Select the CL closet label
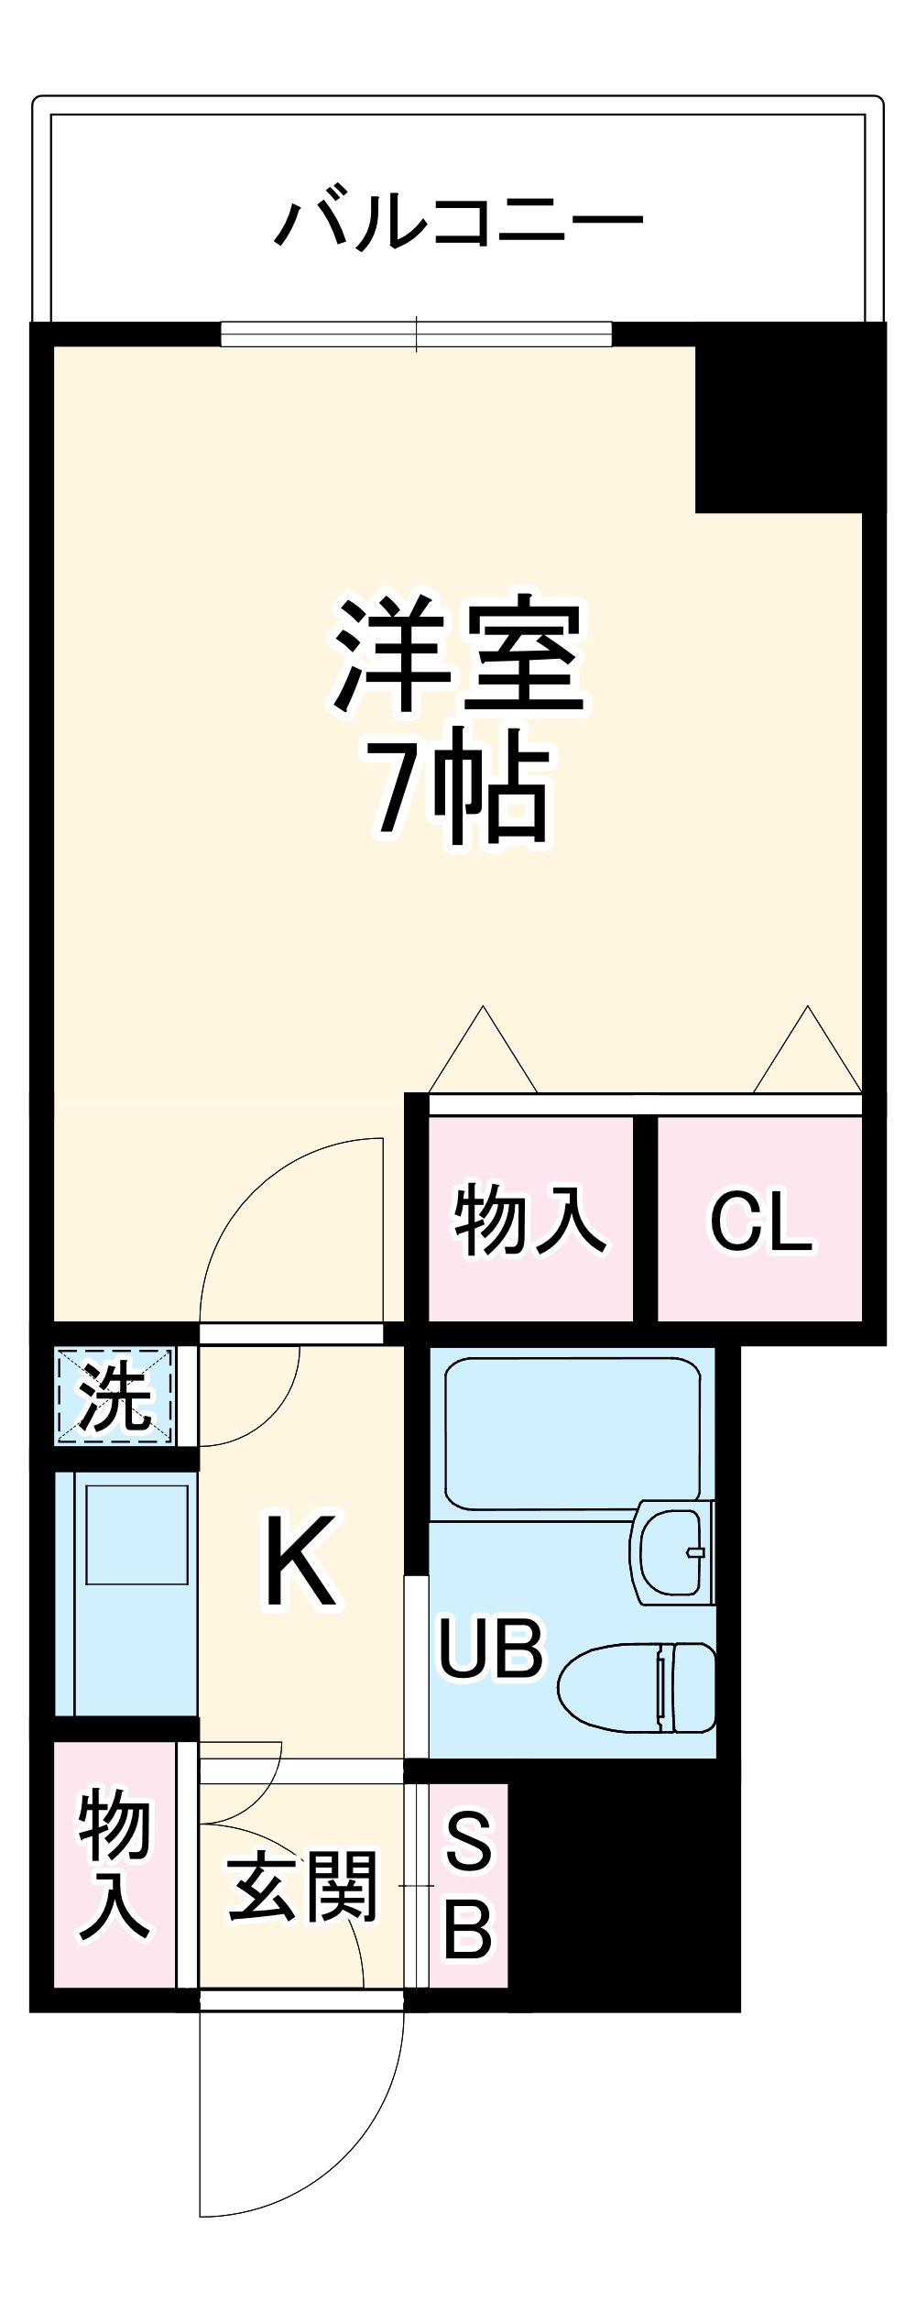tap(760, 1222)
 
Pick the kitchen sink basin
tap(136, 1533)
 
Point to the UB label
tap(491, 1647)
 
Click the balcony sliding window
tap(416, 334)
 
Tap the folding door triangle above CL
tap(807, 1054)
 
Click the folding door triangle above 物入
tap(483, 1054)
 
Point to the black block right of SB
tap(623, 1888)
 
